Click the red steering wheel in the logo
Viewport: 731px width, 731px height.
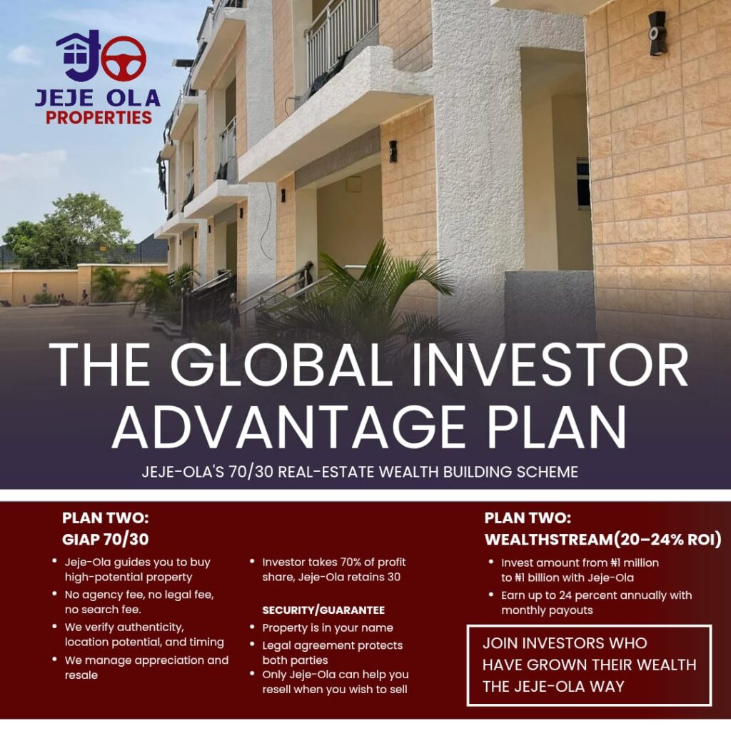(123, 59)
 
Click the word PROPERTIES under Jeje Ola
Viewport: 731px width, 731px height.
(99, 118)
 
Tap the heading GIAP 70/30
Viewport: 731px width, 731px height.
(106, 540)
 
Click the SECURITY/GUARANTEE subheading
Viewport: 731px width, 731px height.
(323, 610)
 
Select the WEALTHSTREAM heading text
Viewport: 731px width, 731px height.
(548, 540)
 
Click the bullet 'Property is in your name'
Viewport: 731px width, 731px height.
(328, 627)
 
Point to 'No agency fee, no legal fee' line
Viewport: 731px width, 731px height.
(139, 595)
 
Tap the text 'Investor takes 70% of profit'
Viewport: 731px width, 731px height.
(334, 563)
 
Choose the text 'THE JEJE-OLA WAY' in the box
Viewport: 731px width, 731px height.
(553, 686)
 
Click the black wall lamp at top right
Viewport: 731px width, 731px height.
(657, 33)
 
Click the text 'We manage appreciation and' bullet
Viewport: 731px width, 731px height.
(146, 660)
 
